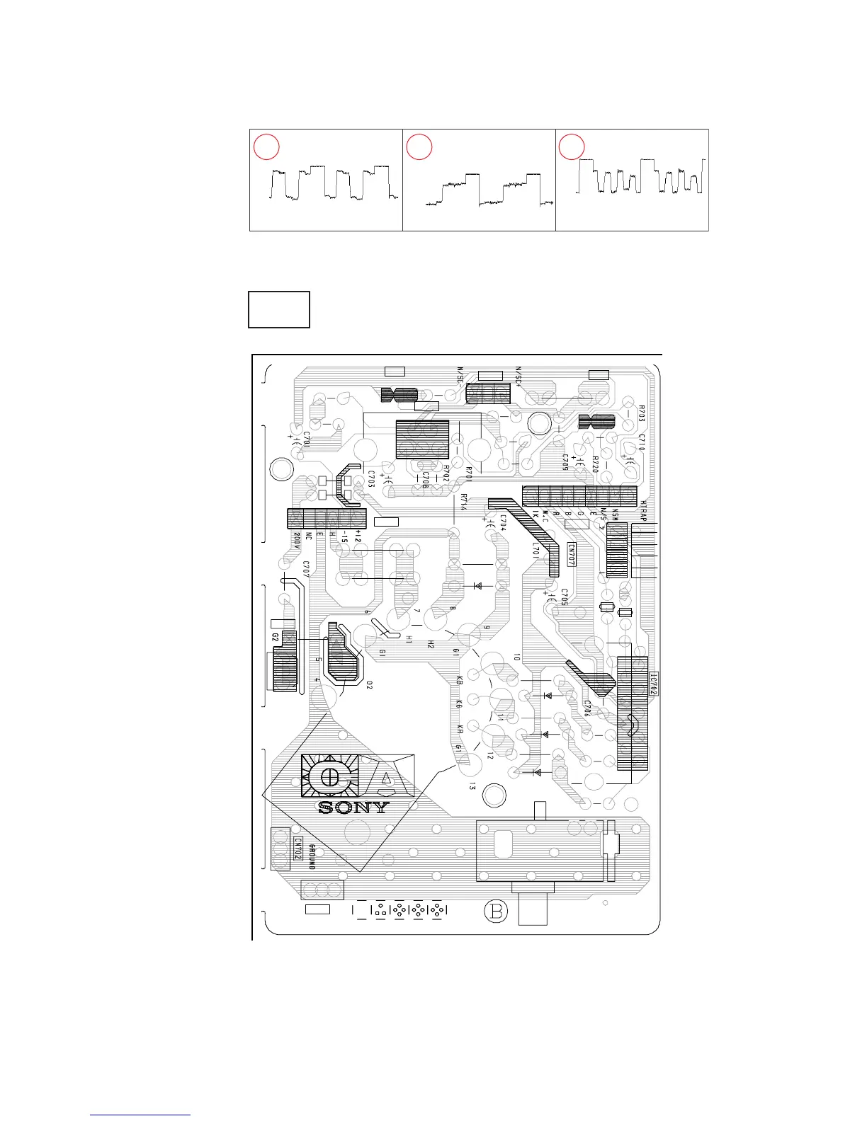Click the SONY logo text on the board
(354, 807)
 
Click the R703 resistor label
(641, 414)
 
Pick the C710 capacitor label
(641, 444)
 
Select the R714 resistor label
(462, 501)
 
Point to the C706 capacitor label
(587, 709)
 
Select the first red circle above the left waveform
(267, 147)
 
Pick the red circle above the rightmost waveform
(572, 147)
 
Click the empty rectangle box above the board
(279, 309)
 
